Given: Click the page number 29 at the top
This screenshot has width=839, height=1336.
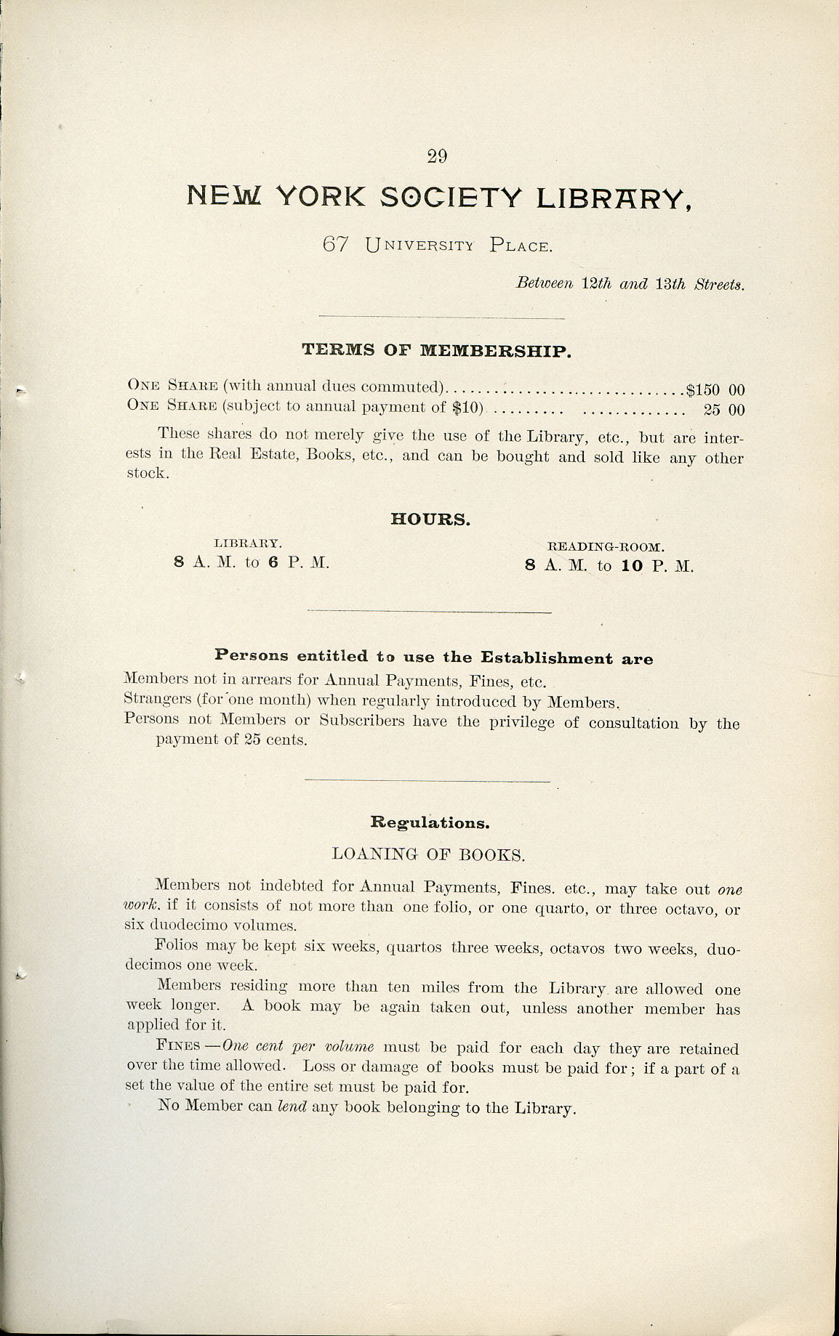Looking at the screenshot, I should pyautogui.click(x=437, y=156).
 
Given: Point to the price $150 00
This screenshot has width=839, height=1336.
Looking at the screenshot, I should pyautogui.click(x=715, y=390).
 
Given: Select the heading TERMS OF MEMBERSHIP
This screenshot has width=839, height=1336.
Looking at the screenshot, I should pyautogui.click(x=436, y=350).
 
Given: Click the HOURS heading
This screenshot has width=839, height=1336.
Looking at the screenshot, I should pyautogui.click(x=430, y=519).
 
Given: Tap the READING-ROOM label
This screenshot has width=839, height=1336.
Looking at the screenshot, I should pyautogui.click(x=606, y=546).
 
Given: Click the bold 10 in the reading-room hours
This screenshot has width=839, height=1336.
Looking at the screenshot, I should pyautogui.click(x=632, y=566).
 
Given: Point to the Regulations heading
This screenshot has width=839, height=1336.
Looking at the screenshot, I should pyautogui.click(x=430, y=822).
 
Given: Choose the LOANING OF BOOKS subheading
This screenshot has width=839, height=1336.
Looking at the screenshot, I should pyautogui.click(x=428, y=854).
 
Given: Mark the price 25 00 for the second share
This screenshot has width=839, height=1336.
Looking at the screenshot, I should pyautogui.click(x=724, y=410).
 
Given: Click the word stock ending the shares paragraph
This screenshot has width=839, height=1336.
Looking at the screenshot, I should pyautogui.click(x=147, y=474).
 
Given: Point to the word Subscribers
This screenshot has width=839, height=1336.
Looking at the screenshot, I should pyautogui.click(x=361, y=721).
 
